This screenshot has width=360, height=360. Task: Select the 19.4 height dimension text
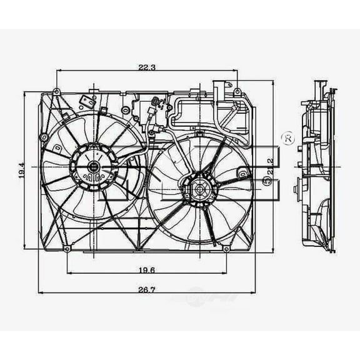tap(21, 170)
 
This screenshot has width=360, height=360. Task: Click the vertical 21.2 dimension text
tap(270, 166)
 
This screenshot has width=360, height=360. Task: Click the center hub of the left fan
tap(93, 166)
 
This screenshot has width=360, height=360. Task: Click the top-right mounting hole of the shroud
tap(238, 92)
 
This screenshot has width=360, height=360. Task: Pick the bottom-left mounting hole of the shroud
tap(67, 249)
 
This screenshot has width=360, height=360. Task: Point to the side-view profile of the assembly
tap(317, 169)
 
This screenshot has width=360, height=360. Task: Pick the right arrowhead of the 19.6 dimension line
tap(226, 272)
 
